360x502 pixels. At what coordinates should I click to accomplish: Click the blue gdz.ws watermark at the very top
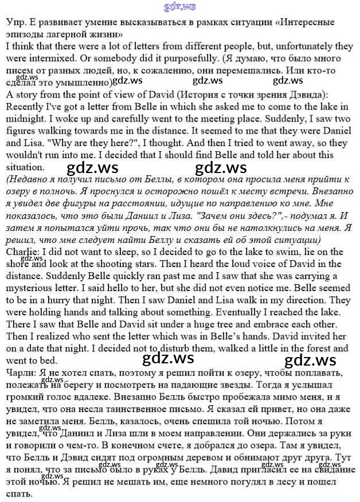179,7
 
